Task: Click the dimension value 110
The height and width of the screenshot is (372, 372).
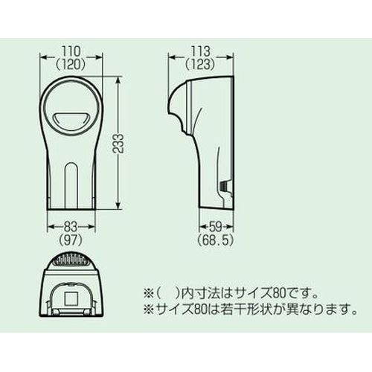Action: click(71, 51)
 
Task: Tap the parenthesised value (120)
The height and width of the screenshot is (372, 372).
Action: click(71, 65)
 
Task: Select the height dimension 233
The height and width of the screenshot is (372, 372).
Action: click(119, 143)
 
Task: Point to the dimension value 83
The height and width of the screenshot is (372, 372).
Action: click(71, 227)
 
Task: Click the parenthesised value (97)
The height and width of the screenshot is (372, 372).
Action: click(71, 240)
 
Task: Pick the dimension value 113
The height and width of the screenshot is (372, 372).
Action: click(200, 51)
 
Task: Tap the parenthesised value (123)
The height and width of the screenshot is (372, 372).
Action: click(200, 65)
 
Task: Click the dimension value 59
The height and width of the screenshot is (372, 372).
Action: click(217, 227)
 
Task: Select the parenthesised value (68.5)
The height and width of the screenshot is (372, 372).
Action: click(216, 240)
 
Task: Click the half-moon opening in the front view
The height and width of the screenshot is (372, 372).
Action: click(71, 120)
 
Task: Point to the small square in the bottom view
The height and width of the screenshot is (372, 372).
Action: click(71, 298)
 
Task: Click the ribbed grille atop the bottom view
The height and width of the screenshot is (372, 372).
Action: click(71, 260)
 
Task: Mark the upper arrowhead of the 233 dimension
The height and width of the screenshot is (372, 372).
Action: click(118, 80)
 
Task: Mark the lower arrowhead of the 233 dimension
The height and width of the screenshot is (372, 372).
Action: click(118, 206)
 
